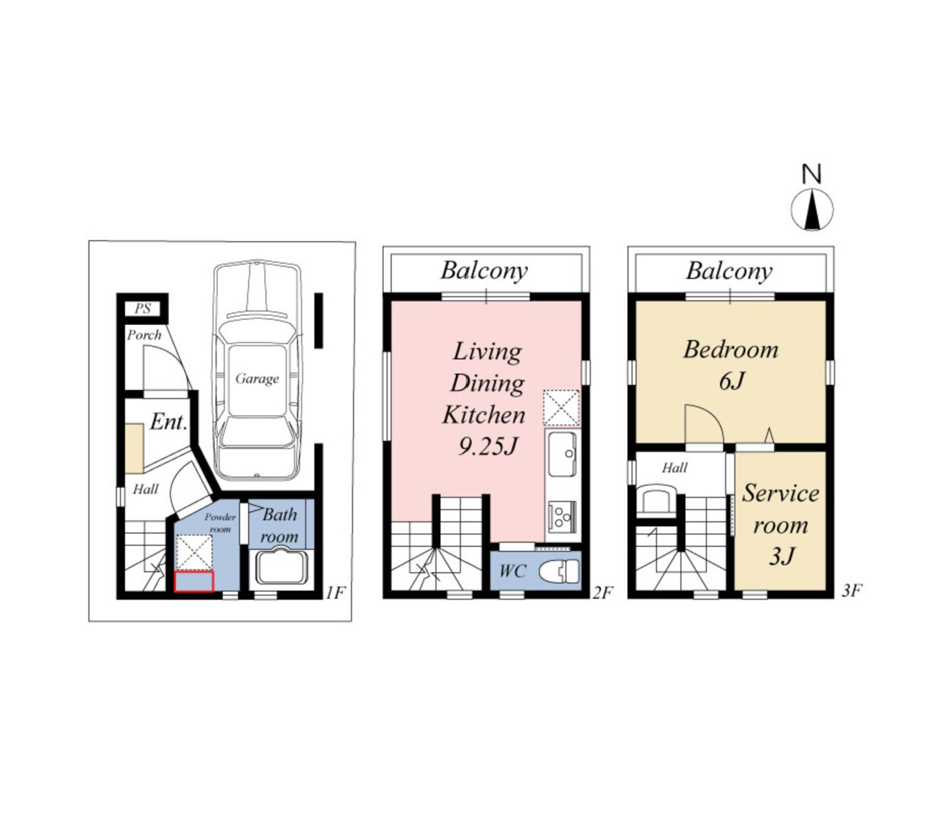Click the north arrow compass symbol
coord(812,209)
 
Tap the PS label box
coord(142,308)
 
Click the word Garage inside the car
coord(257,379)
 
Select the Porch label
coord(144,335)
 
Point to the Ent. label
coord(168,422)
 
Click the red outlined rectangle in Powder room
coord(194,582)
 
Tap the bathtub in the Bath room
coord(282,566)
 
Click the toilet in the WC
coord(559,571)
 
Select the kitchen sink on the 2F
coord(563,454)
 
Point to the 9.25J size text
coord(488,447)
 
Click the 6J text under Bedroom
coord(731,381)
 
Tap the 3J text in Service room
coord(782,556)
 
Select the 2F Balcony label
coord(484,271)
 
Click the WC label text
coord(513,571)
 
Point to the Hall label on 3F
coord(674,468)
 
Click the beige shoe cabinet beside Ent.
coord(135,449)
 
